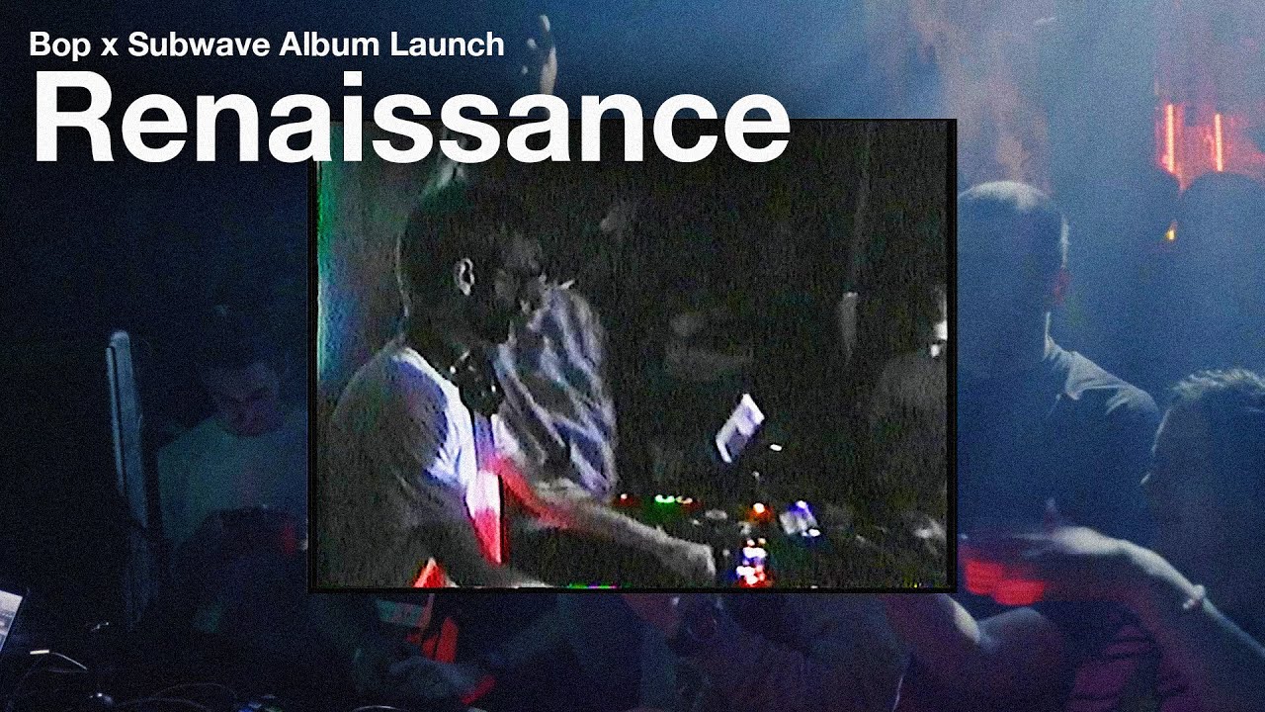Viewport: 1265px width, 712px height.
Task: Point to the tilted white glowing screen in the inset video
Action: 738,427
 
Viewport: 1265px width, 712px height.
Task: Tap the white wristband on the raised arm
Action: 1194,597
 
